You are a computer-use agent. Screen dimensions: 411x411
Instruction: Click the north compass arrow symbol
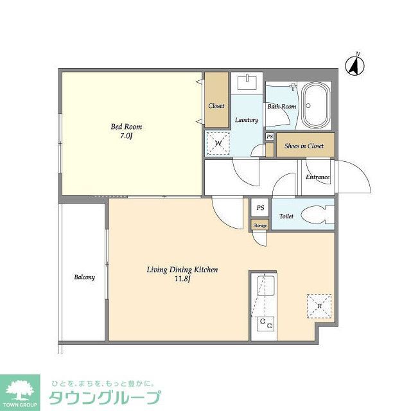click(x=353, y=64)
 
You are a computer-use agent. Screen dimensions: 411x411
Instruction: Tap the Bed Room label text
click(x=126, y=127)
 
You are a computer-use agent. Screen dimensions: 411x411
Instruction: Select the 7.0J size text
click(x=126, y=137)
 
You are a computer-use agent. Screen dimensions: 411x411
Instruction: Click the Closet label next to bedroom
click(x=216, y=106)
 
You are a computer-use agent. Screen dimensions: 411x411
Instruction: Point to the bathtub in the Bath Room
click(x=315, y=105)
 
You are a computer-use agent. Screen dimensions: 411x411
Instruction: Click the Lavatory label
click(x=247, y=120)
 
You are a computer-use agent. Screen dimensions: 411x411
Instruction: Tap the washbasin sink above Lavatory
click(x=247, y=83)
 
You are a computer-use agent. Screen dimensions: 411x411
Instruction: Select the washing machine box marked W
click(x=218, y=143)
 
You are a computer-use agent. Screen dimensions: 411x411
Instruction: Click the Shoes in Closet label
click(x=304, y=146)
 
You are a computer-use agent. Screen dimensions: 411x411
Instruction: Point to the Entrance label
click(x=317, y=177)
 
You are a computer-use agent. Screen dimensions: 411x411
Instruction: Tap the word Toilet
click(x=286, y=216)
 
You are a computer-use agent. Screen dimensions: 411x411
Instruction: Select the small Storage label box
click(x=259, y=225)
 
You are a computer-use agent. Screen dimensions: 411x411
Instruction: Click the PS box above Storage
click(x=260, y=208)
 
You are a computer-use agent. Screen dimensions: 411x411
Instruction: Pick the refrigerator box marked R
click(x=319, y=306)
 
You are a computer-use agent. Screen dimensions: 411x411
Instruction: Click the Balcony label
click(x=84, y=277)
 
